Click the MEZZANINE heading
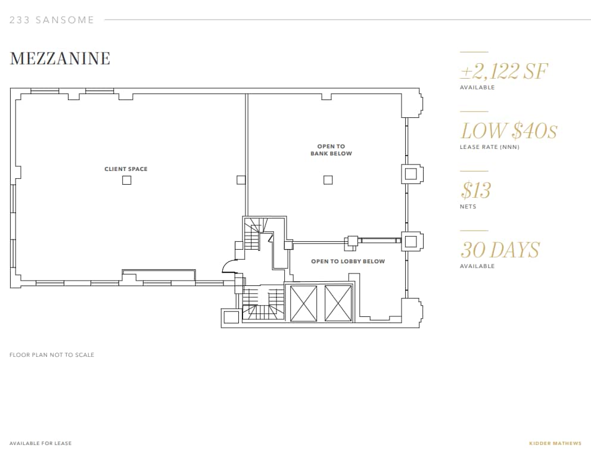(60, 58)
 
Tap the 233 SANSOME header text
(52, 20)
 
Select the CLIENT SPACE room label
(126, 169)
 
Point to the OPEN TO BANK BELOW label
(331, 150)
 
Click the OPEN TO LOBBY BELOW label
(348, 262)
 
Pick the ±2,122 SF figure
(503, 72)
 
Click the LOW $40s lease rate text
(509, 131)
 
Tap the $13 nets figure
(475, 191)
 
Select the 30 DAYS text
(500, 250)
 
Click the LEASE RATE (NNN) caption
(489, 147)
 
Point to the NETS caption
(468, 207)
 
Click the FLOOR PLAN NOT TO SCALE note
(52, 355)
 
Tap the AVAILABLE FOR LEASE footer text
(41, 443)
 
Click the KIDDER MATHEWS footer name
(555, 443)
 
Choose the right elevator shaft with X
(339, 304)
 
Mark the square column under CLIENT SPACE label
(126, 180)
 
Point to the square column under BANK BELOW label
(328, 180)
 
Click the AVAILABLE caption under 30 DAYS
(477, 266)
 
